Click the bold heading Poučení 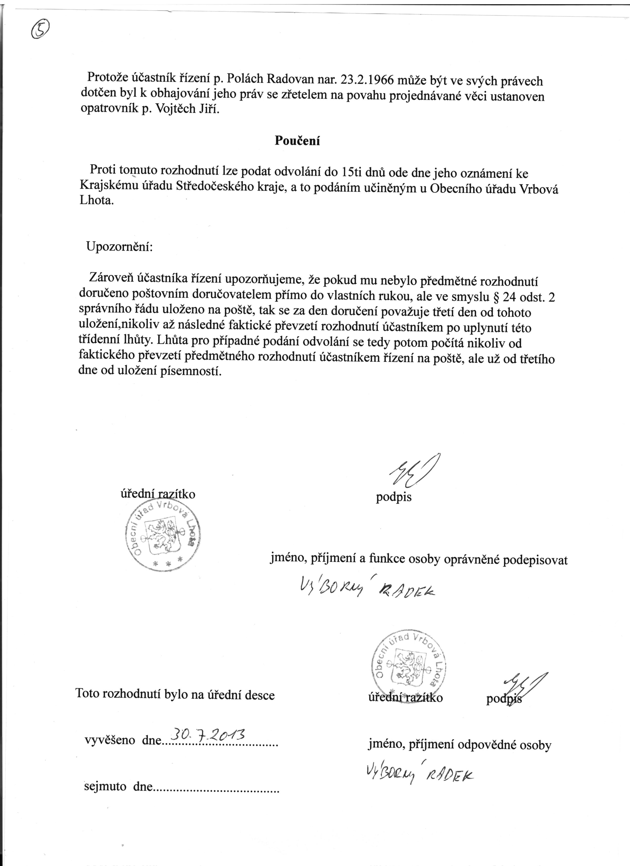click(297, 141)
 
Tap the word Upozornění click(119, 246)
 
